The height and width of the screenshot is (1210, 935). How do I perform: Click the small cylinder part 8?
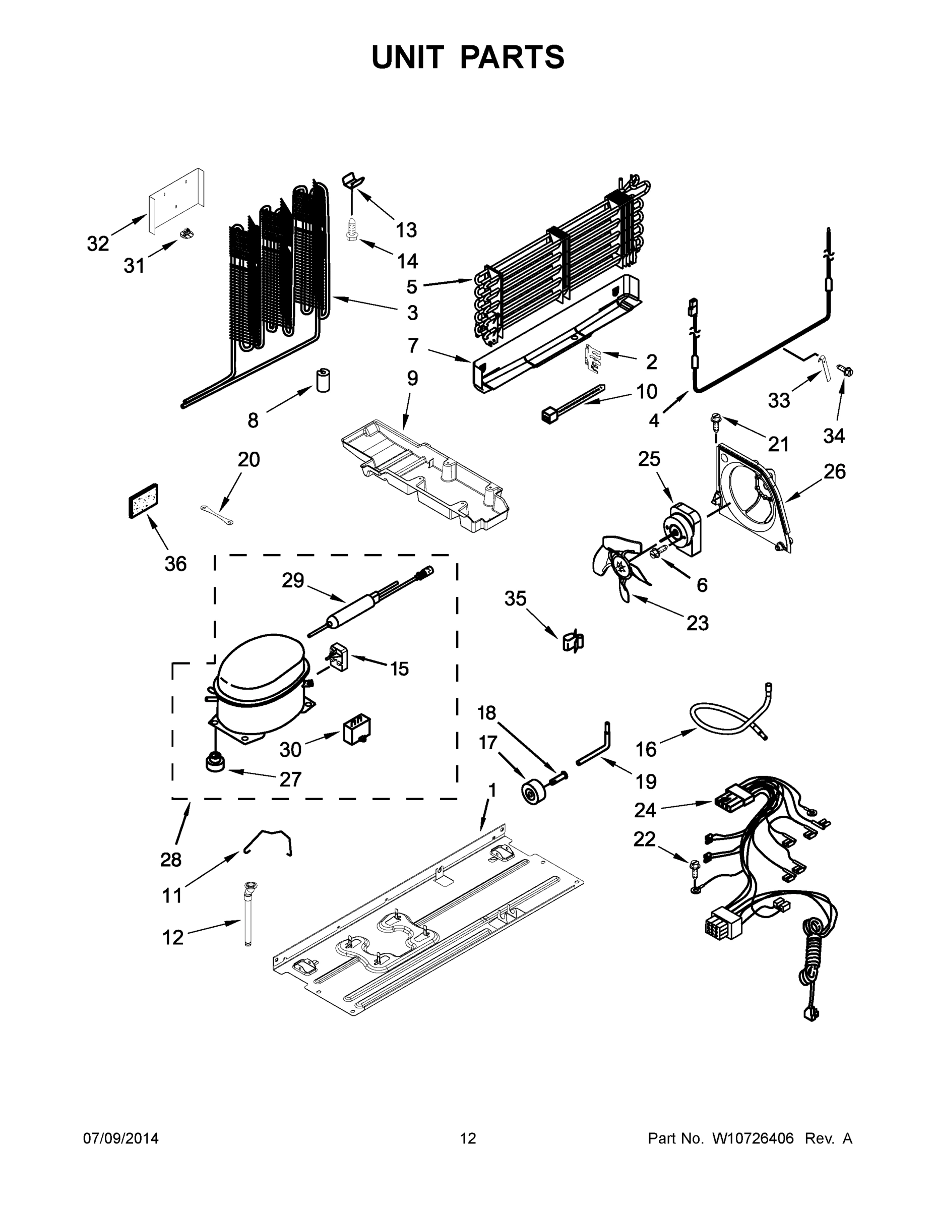point(323,380)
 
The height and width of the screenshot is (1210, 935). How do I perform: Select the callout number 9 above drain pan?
point(412,379)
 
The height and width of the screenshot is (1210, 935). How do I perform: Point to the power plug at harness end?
point(811,1014)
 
